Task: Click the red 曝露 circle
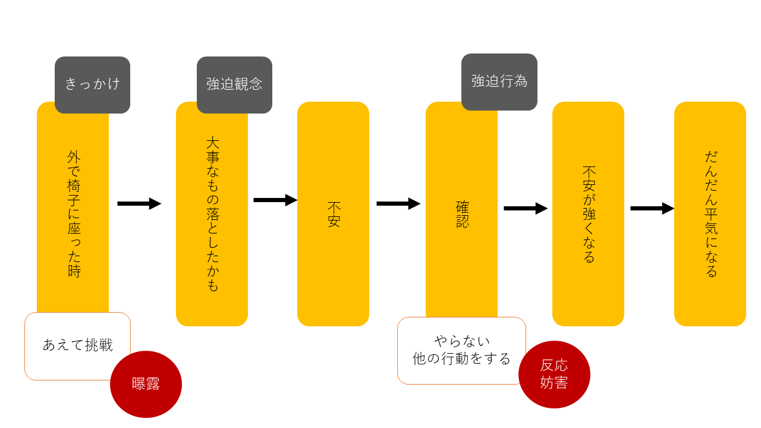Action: (146, 384)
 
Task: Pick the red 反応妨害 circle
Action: (554, 374)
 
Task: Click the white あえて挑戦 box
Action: (77, 345)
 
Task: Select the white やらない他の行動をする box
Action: (461, 351)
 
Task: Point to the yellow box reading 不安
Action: (333, 214)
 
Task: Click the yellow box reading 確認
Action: (461, 214)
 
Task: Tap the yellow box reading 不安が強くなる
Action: (588, 214)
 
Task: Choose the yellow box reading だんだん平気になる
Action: (710, 214)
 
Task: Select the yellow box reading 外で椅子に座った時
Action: (73, 214)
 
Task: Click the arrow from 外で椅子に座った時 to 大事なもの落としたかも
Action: (139, 204)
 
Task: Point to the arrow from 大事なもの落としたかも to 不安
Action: (275, 200)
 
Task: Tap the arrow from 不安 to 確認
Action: (398, 204)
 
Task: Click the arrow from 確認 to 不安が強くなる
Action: (526, 209)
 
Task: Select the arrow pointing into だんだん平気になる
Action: (652, 209)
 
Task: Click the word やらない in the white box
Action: (461, 342)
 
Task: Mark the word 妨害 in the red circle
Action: (554, 383)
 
